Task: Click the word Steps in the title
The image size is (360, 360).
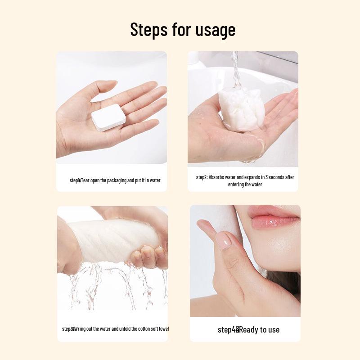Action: [148, 30]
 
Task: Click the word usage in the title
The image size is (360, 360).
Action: [215, 30]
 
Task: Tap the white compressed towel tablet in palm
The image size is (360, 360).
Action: [108, 117]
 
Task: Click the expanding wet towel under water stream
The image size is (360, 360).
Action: [241, 109]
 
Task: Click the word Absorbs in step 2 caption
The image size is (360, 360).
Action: [217, 177]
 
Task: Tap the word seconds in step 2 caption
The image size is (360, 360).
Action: [275, 177]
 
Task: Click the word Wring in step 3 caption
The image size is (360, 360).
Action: [81, 329]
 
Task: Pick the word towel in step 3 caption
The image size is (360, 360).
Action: [163, 329]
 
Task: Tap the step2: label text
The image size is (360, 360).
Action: [202, 177]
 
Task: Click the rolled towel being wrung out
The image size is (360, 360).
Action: [108, 241]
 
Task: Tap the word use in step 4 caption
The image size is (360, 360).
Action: [273, 330]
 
